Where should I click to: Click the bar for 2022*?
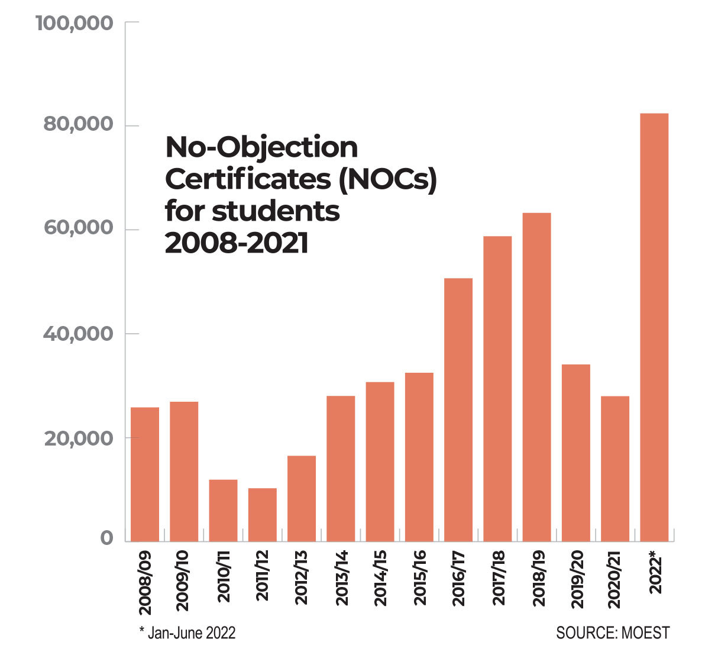(654, 327)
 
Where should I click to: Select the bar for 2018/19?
(536, 377)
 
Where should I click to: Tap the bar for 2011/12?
(263, 514)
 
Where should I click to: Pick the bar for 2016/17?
(458, 409)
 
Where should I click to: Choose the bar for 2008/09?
(145, 474)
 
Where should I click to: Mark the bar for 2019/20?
(575, 453)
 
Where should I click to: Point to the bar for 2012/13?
(302, 498)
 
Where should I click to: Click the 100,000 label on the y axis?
(75, 24)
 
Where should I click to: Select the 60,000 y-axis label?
(79, 228)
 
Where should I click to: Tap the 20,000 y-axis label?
(79, 438)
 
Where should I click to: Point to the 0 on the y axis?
(106, 538)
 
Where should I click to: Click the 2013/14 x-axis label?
(342, 578)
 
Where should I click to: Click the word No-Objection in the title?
(261, 148)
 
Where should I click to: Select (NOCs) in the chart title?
(387, 179)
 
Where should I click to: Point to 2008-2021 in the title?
(237, 243)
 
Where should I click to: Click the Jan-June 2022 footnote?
(191, 633)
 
